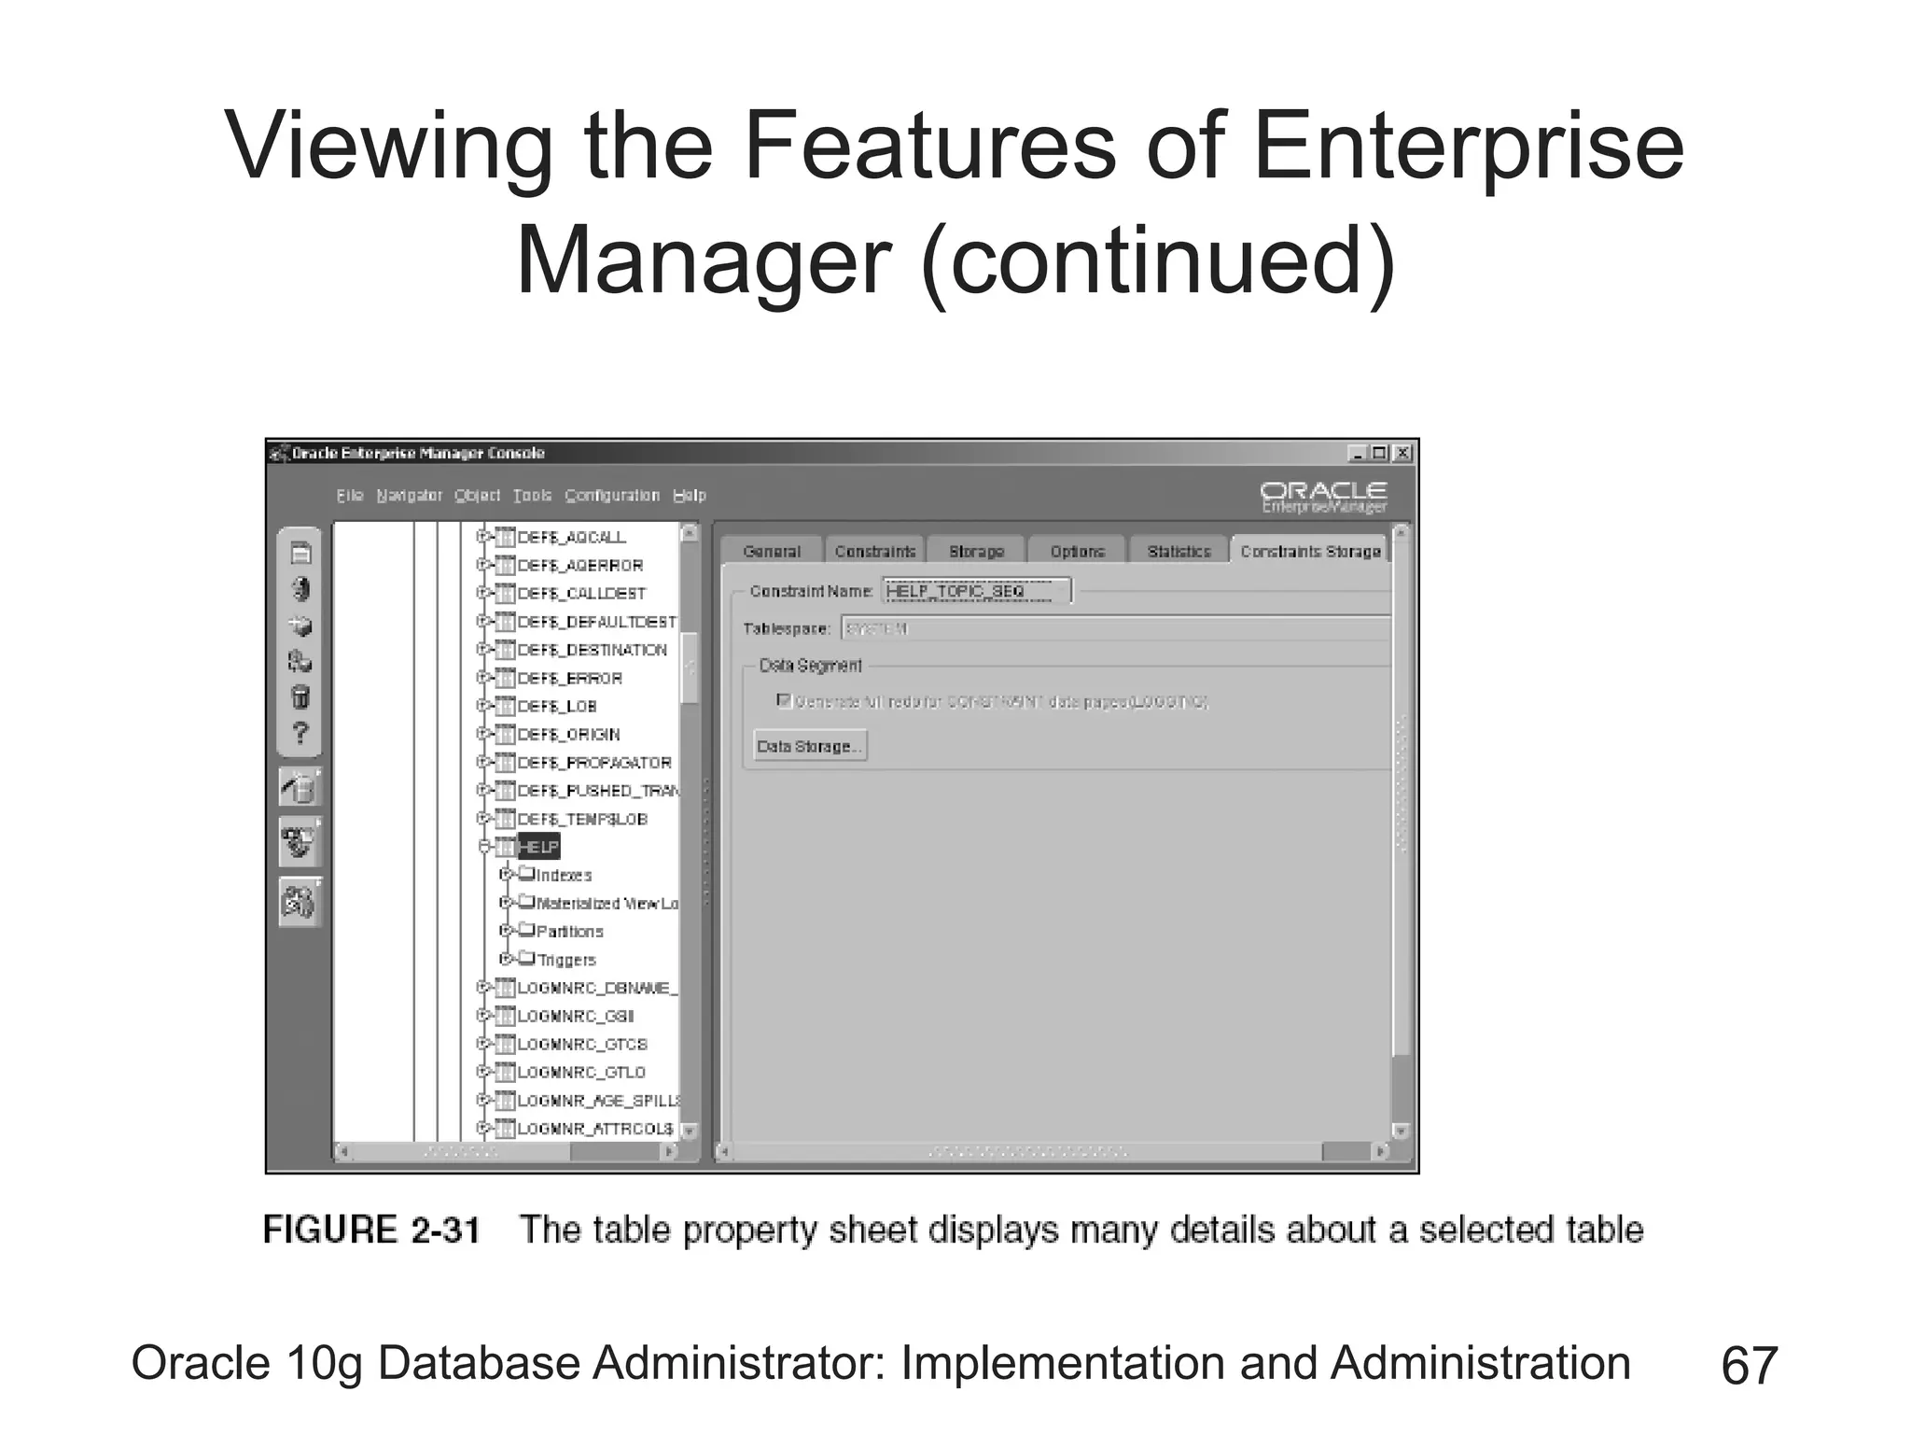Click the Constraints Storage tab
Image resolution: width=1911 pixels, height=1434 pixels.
click(x=1310, y=552)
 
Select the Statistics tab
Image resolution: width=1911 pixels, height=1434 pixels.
click(x=1179, y=552)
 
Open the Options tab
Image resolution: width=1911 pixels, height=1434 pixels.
click(x=1077, y=552)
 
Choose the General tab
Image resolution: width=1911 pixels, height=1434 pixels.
click(x=772, y=552)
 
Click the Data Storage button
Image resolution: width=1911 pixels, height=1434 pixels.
click(x=809, y=746)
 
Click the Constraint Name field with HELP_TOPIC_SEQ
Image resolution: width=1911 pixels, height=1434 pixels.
click(x=976, y=591)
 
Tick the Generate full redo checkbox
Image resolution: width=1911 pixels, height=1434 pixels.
click(x=785, y=700)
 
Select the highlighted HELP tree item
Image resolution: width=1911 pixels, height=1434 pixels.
click(x=538, y=847)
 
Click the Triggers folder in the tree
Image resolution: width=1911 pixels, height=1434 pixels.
click(x=565, y=960)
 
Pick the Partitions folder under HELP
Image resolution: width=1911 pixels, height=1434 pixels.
click(x=569, y=932)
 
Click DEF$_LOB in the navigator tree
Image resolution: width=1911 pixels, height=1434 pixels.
click(x=557, y=707)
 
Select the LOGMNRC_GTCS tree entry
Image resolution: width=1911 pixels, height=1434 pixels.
click(x=582, y=1044)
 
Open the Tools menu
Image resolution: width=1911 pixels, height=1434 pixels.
click(x=532, y=496)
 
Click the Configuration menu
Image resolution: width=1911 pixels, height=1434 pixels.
click(x=612, y=496)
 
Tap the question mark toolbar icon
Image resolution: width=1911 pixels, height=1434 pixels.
click(x=300, y=733)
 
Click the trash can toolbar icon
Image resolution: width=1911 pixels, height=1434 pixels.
click(x=300, y=697)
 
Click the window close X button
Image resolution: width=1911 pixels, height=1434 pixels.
click(x=1402, y=454)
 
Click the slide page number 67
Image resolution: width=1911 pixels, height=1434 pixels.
click(x=1749, y=1366)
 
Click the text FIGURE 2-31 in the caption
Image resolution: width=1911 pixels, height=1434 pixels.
click(x=371, y=1230)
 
